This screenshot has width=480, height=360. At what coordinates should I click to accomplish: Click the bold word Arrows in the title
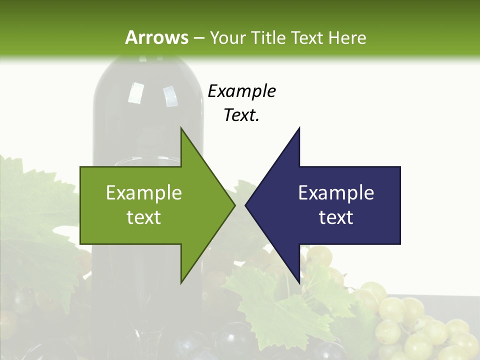point(157,37)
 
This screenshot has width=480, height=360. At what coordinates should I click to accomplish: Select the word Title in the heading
point(269,37)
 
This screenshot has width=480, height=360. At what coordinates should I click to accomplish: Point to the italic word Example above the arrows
point(241,91)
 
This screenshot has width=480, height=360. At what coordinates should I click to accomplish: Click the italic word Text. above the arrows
point(241,115)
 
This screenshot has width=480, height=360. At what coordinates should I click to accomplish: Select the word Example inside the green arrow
point(144,192)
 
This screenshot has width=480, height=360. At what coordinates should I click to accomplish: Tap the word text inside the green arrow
point(144,217)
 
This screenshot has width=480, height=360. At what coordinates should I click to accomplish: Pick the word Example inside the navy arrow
point(336,192)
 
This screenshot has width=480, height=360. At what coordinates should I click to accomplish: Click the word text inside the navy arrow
point(336,217)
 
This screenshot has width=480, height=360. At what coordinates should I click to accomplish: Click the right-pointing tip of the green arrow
point(235,205)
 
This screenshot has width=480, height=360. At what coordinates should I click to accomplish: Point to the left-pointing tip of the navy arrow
point(245,205)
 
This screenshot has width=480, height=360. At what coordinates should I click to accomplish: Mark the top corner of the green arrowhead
point(181,128)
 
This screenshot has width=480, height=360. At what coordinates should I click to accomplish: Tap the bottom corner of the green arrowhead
point(181,283)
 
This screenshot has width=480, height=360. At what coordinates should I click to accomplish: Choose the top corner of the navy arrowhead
point(299,128)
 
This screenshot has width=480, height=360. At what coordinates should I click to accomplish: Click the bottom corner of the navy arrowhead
point(299,283)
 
